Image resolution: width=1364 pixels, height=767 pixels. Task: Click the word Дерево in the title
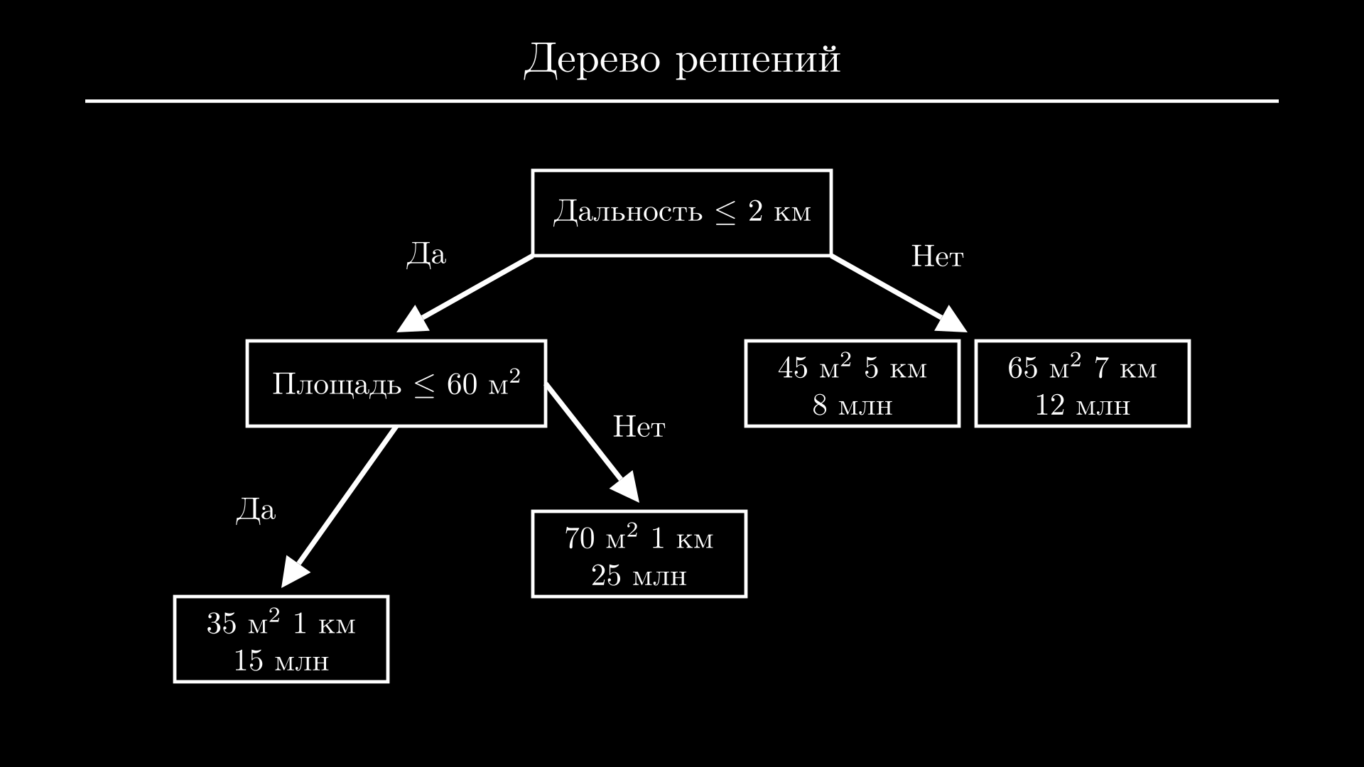592,59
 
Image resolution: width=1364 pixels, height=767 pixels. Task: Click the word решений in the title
758,60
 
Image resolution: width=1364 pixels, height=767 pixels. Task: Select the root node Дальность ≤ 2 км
681,212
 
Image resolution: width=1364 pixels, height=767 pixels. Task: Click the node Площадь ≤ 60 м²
396,383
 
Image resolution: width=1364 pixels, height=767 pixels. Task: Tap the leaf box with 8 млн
852,383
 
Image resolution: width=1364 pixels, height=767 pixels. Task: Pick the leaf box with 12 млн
1082,383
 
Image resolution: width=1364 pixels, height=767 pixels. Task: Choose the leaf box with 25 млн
639,554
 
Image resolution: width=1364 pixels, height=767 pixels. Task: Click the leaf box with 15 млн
281,639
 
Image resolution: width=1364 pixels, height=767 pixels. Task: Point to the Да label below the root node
426,254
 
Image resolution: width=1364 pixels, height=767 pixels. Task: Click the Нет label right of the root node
936,256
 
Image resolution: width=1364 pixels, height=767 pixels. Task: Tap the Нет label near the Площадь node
639,427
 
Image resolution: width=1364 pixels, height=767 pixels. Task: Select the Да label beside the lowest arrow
256,510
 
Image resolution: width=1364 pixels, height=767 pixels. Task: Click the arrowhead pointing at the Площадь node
414,321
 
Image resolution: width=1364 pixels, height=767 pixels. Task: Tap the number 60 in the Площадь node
462,385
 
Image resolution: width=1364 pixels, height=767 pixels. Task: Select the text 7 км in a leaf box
1125,368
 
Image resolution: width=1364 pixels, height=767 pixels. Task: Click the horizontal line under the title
681,101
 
